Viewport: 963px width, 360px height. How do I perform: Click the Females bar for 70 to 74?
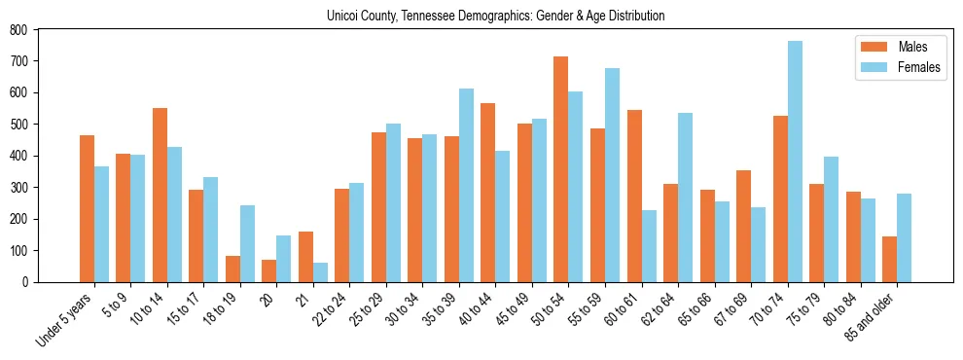[795, 162]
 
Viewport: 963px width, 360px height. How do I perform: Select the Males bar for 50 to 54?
[561, 169]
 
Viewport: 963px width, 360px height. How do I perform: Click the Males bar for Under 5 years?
[87, 208]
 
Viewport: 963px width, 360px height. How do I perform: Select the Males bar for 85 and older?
[889, 259]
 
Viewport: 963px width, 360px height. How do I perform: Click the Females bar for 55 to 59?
[612, 175]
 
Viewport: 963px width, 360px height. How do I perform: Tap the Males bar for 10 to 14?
[160, 195]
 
